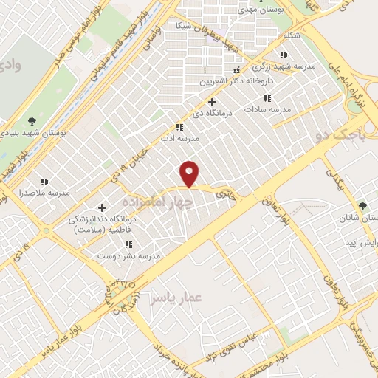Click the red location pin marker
tap(190, 172)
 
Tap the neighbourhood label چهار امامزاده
tap(157, 201)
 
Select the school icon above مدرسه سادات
tap(267, 97)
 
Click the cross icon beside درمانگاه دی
tap(212, 102)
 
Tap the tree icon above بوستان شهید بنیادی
tap(31, 120)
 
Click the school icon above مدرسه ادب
tap(179, 127)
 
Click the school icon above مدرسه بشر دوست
tap(128, 244)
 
